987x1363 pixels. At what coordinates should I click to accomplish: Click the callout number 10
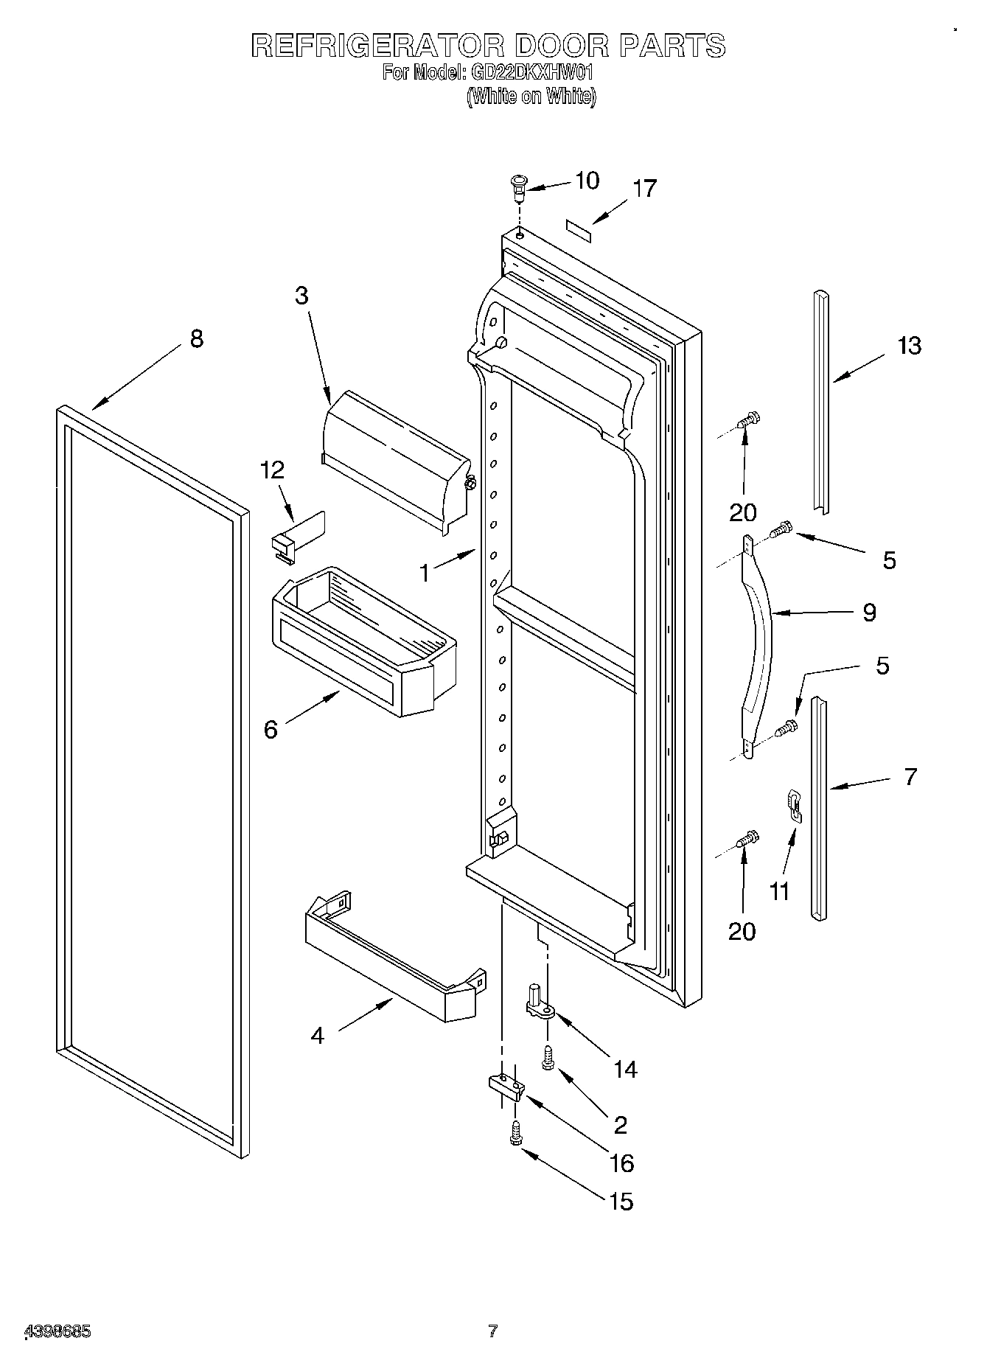pos(587,181)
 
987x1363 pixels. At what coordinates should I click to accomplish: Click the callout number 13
pos(909,346)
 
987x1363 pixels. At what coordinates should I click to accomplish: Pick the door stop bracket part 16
pos(506,1086)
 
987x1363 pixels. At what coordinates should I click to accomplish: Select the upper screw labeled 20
pos(749,421)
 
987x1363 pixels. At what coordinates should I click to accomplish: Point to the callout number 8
pos(196,339)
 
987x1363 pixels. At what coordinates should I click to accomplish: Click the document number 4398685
pos(58,1331)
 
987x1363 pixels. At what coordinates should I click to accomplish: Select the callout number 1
pos(425,573)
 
